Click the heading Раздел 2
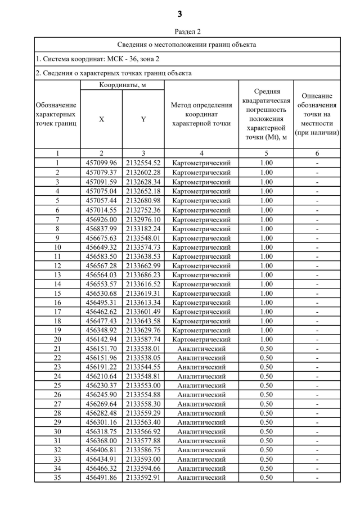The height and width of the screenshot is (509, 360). coord(180,32)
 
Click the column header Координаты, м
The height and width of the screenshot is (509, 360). coord(122,85)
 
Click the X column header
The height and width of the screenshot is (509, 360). coord(101,119)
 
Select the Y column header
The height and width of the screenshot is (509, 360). coord(143,119)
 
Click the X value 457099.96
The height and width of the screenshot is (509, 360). coord(101,163)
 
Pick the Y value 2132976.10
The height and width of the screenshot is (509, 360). coord(143,219)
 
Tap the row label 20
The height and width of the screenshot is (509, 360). coord(57,339)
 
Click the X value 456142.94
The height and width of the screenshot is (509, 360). coord(101,339)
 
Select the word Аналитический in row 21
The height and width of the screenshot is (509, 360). coord(201,349)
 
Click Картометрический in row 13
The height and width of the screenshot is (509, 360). coord(201,274)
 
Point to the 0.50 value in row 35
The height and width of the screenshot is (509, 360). coord(267,478)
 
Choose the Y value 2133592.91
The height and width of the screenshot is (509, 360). coord(143,478)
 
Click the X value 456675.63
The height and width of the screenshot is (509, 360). coord(101,237)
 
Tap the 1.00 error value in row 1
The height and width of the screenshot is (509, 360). coord(267,163)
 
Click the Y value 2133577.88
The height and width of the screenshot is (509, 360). coord(143,441)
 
